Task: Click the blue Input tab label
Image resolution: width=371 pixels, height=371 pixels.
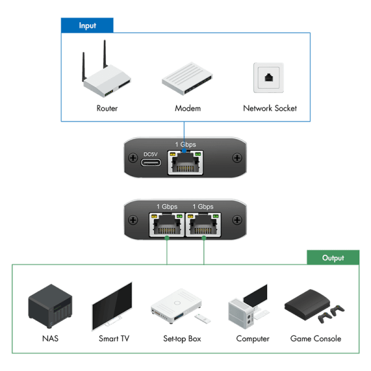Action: (x=87, y=25)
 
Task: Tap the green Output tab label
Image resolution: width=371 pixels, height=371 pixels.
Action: (x=333, y=257)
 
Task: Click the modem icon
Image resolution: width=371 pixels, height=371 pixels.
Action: (x=187, y=79)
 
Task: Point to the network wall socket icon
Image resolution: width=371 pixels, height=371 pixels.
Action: (x=268, y=78)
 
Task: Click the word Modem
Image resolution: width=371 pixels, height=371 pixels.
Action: (x=187, y=108)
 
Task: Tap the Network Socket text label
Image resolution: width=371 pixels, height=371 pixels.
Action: (x=270, y=108)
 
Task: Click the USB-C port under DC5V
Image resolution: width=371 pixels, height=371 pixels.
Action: (x=151, y=163)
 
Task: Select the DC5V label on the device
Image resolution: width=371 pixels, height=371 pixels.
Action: (x=150, y=154)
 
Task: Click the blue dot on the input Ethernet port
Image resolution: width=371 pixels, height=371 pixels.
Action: (x=184, y=151)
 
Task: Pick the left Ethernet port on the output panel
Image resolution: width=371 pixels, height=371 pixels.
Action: (x=166, y=224)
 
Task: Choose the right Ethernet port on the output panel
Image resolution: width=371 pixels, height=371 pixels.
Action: (x=203, y=224)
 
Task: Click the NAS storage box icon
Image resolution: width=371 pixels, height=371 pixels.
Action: (x=50, y=306)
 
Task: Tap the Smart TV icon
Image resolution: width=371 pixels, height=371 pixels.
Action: (x=112, y=306)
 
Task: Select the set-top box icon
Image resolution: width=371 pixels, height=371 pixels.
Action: (x=181, y=306)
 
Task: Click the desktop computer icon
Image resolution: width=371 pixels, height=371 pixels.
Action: (x=249, y=307)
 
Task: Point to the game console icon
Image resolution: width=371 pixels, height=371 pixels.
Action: (x=314, y=306)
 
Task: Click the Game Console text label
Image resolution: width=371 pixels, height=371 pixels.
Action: (x=315, y=339)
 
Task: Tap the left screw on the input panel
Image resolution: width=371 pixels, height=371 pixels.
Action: (x=133, y=158)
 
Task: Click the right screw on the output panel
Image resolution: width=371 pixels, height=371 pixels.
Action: (x=237, y=220)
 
